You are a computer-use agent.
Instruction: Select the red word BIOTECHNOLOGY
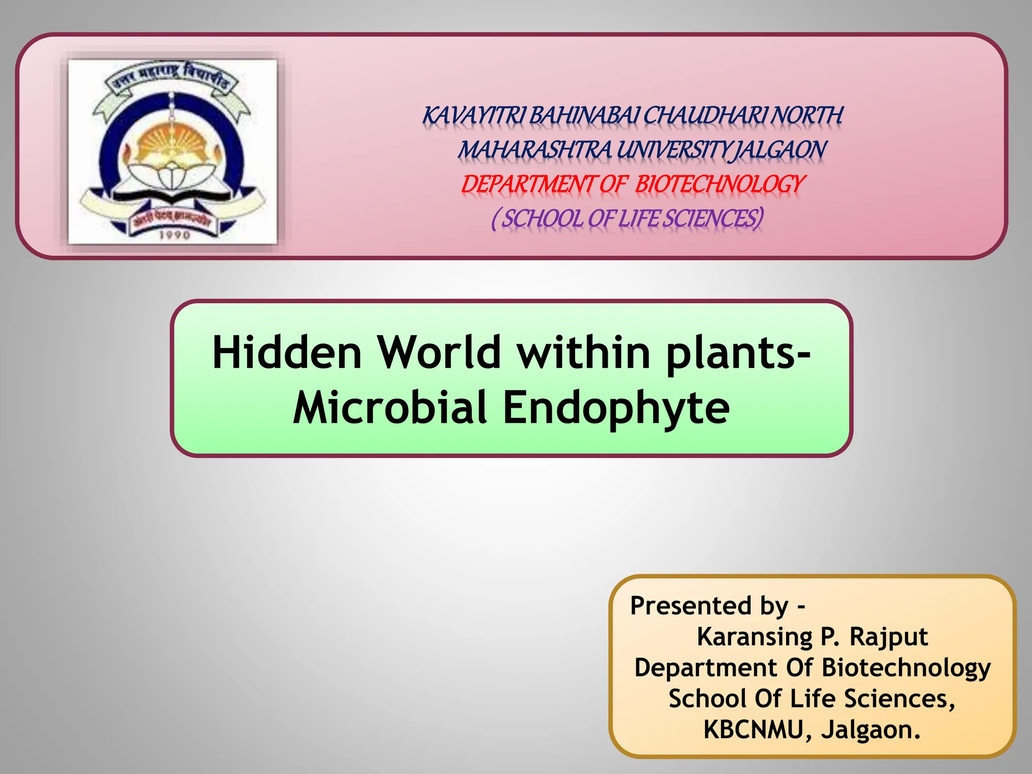[719, 184]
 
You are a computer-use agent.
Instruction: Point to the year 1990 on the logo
[174, 235]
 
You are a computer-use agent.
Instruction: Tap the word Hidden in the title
[287, 353]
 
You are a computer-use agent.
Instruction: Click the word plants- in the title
[738, 353]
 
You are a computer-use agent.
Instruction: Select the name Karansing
[754, 636]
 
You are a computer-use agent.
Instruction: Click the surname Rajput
[888, 636]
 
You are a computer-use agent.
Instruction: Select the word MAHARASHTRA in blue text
[535, 150]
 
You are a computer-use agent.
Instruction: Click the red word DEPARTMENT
[529, 184]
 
